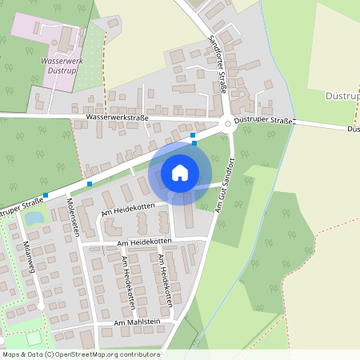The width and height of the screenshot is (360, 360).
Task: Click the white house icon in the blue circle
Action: pos(180,172)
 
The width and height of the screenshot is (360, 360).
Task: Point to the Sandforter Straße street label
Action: pos(217,65)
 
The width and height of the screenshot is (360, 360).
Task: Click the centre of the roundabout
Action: pos(228,123)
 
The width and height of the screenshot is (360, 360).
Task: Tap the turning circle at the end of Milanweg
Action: pos(40,306)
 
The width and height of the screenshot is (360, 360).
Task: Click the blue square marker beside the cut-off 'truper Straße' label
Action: pos(46,195)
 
